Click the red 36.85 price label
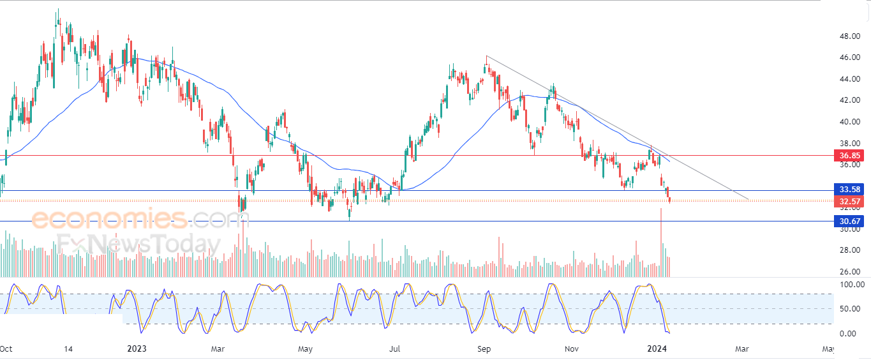pyautogui.click(x=849, y=156)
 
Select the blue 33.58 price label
pyautogui.click(x=849, y=190)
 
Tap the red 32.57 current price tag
pyautogui.click(x=849, y=201)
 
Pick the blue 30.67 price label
pyautogui.click(x=849, y=221)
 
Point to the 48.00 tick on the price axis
pyautogui.click(x=849, y=36)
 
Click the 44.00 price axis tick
pyautogui.click(x=849, y=79)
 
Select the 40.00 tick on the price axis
pyautogui.click(x=849, y=122)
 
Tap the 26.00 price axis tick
pyautogui.click(x=849, y=271)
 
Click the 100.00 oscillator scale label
pyautogui.click(x=852, y=285)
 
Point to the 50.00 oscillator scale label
pyautogui.click(x=849, y=309)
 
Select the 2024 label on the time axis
pyautogui.click(x=657, y=349)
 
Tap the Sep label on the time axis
pyautogui.click(x=484, y=349)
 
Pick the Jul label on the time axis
pyautogui.click(x=395, y=349)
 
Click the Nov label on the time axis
pyautogui.click(x=572, y=349)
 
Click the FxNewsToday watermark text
pyautogui.click(x=138, y=244)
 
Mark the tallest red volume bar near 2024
pyautogui.click(x=660, y=243)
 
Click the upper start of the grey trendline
pyautogui.click(x=486, y=56)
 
